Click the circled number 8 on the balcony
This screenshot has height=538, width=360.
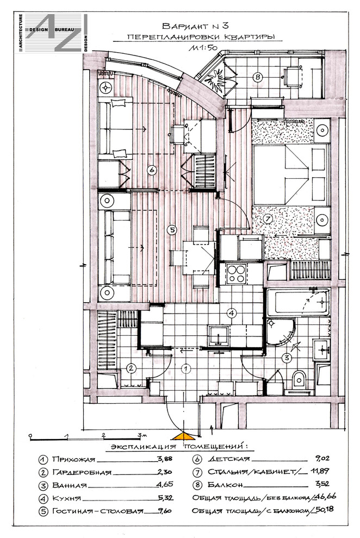tap(257, 77)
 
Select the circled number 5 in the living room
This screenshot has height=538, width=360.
tap(172, 229)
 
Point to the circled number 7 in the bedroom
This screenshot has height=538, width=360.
tap(268, 218)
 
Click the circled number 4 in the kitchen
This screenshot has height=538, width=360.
tap(232, 313)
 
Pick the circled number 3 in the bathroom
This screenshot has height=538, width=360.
tap(287, 358)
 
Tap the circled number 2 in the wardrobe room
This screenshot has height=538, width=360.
tap(131, 368)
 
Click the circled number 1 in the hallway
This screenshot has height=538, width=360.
tap(185, 368)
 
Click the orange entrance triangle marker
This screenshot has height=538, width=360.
tap(183, 436)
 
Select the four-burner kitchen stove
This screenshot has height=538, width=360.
tap(236, 274)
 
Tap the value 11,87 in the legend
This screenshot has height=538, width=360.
tap(320, 471)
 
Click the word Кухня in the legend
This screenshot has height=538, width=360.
tap(66, 498)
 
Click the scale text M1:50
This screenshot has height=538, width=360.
tap(203, 48)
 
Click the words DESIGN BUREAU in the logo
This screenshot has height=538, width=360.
tap(52, 30)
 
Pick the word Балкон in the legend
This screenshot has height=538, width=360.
tap(225, 485)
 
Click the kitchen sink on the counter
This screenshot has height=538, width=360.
tap(219, 335)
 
